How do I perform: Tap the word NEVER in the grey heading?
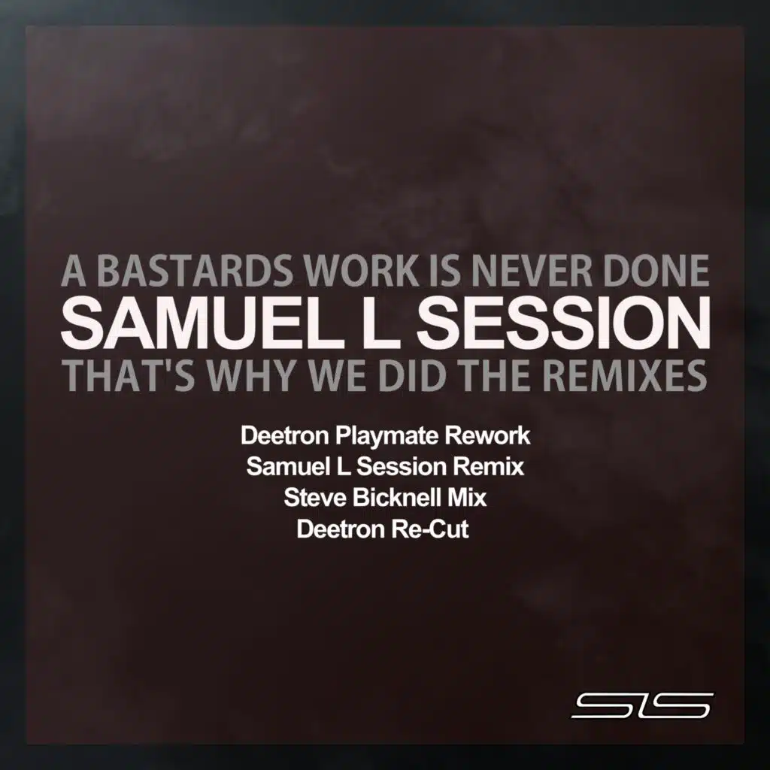(552, 272)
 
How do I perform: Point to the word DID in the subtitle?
(410, 376)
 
